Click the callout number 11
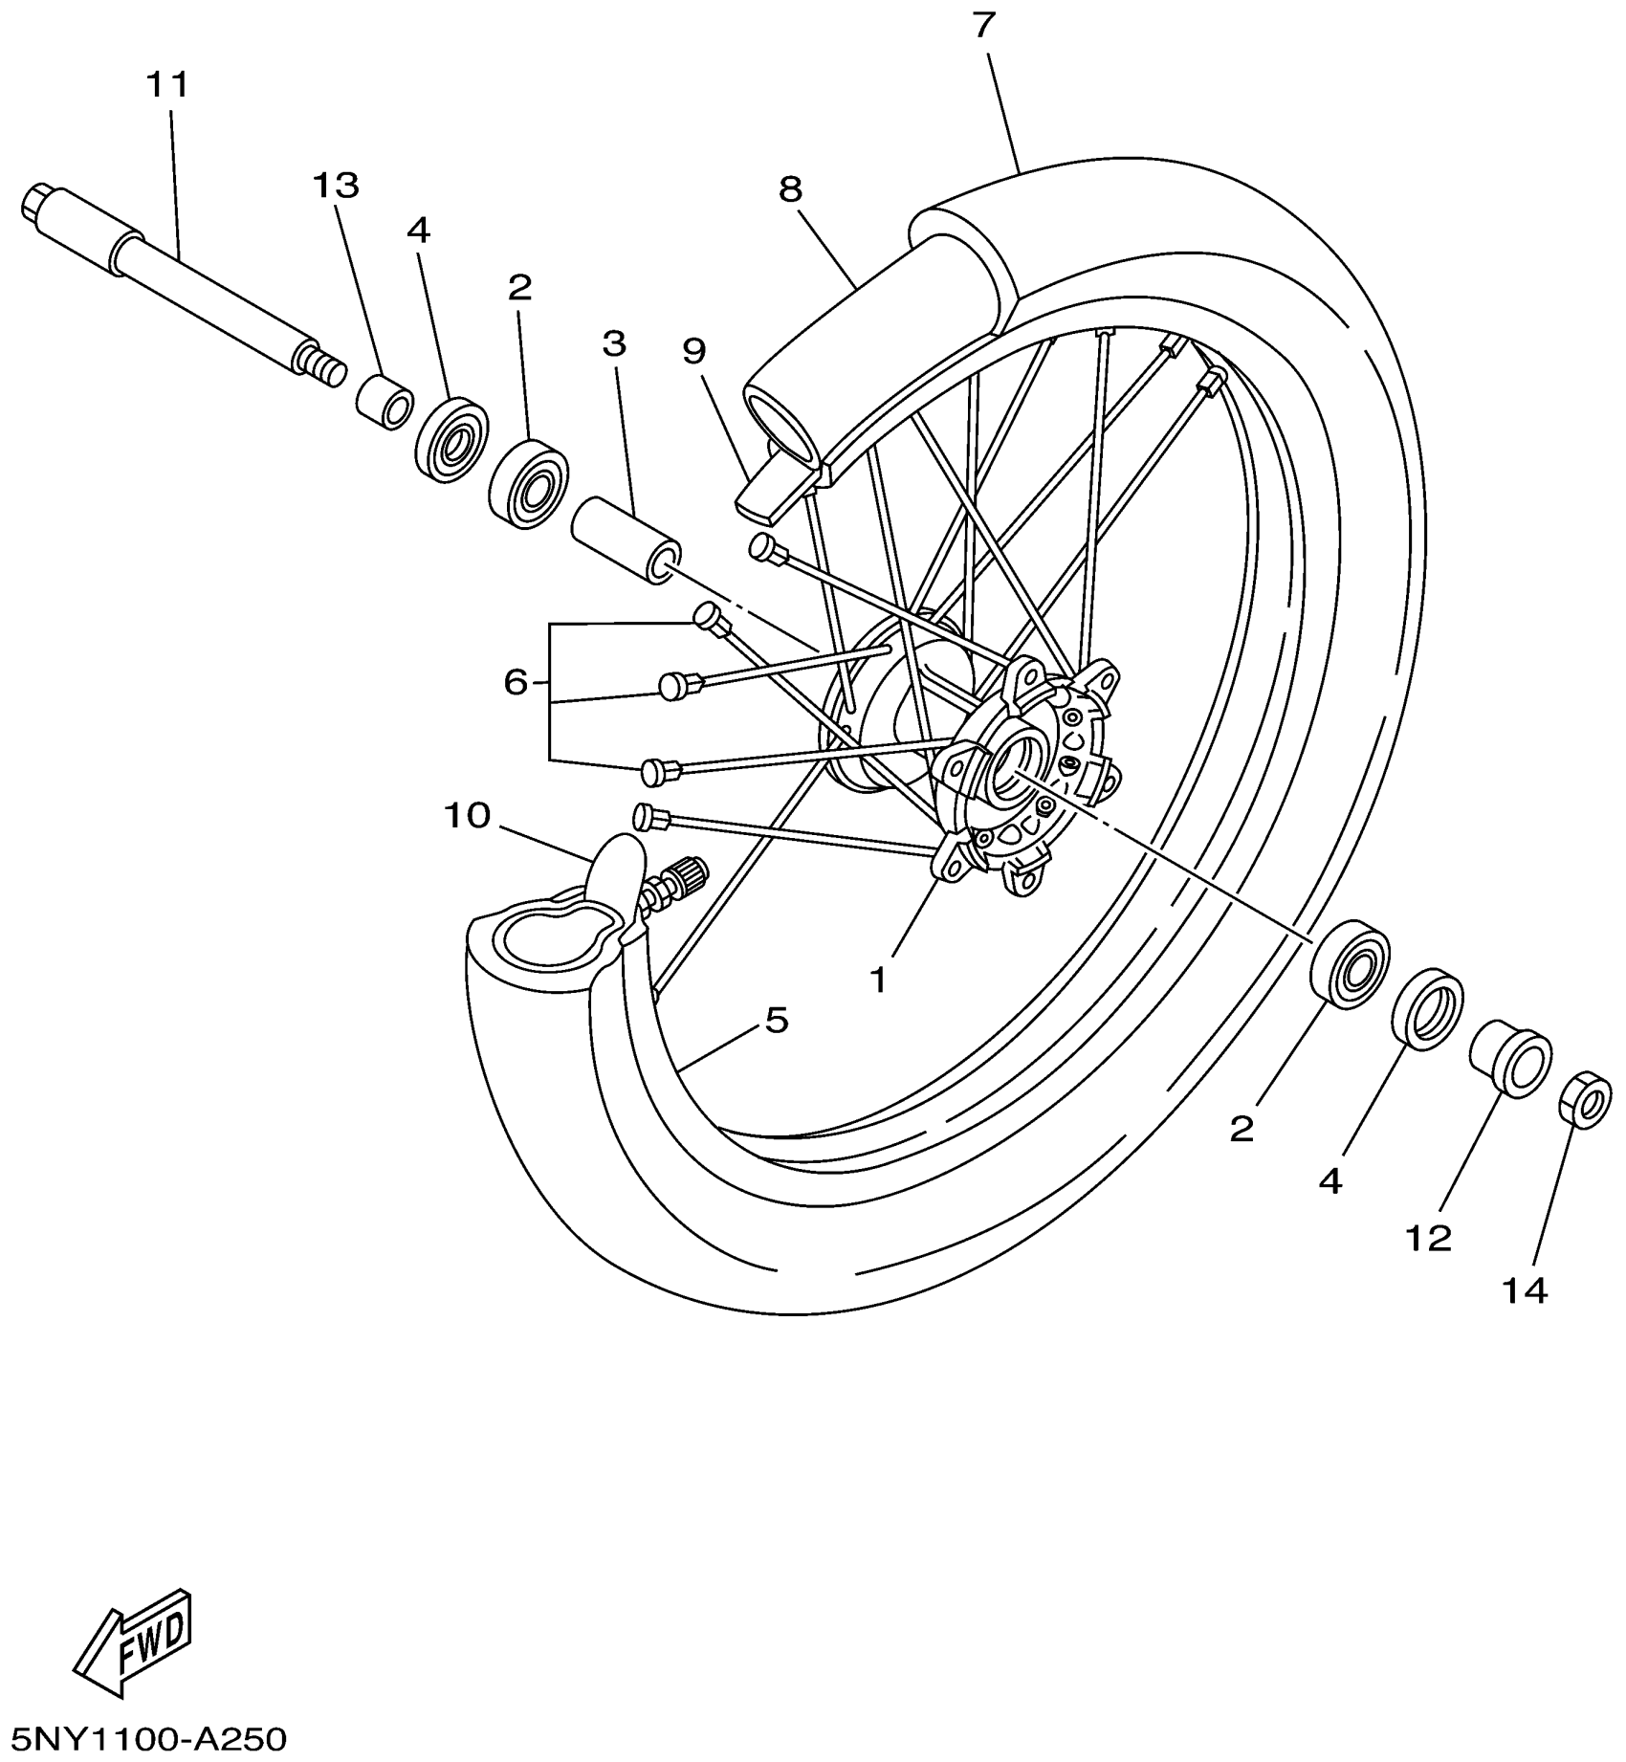point(167,85)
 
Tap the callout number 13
point(336,185)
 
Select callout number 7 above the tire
point(985,26)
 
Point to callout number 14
point(1524,1291)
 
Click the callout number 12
point(1428,1239)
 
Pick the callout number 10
point(467,816)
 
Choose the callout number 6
point(516,682)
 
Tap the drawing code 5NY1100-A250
point(143,1737)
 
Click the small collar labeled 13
point(385,402)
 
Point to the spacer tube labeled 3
point(626,539)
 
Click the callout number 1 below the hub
point(878,979)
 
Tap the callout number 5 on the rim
point(776,1020)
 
